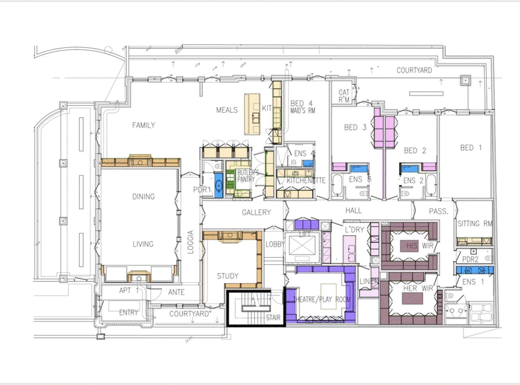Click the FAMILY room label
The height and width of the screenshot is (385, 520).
point(144,125)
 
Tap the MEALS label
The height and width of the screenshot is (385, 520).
point(227,110)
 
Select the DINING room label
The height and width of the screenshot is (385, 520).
point(143,197)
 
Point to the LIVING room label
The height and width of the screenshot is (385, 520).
point(143,244)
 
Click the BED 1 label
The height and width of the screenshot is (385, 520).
point(471,148)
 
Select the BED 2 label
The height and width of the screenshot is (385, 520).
point(415,151)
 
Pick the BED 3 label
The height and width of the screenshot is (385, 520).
point(356,128)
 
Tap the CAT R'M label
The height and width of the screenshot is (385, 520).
point(344,96)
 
